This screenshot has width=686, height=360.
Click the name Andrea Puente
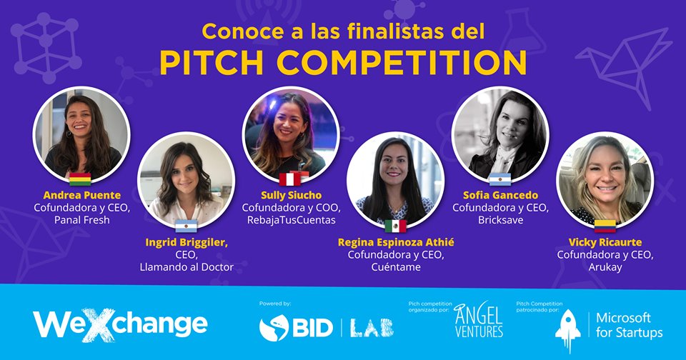pyautogui.click(x=81, y=195)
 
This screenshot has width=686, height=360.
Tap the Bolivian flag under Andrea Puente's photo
pyautogui.click(x=80, y=179)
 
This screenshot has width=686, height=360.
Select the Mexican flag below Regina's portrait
pyautogui.click(x=395, y=226)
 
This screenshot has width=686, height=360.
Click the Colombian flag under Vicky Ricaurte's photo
pyautogui.click(x=605, y=226)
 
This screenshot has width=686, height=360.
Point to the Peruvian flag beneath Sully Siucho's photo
pyautogui.click(x=291, y=179)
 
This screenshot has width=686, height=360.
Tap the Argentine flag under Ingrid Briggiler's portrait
pyautogui.click(x=186, y=226)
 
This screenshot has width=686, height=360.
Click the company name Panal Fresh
pyautogui.click(x=81, y=219)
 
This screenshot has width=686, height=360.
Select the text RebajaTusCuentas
pyautogui.click(x=292, y=219)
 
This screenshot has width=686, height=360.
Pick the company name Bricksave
pyautogui.click(x=500, y=219)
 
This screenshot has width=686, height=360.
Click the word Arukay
pyautogui.click(x=605, y=267)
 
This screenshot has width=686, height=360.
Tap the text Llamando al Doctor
pyautogui.click(x=187, y=267)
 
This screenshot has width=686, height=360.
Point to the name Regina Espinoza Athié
pyautogui.click(x=396, y=242)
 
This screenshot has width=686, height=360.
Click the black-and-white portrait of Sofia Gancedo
pyautogui.click(x=500, y=134)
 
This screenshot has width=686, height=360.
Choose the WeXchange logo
pyautogui.click(x=120, y=324)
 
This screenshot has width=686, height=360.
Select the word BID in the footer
pyautogui.click(x=312, y=328)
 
